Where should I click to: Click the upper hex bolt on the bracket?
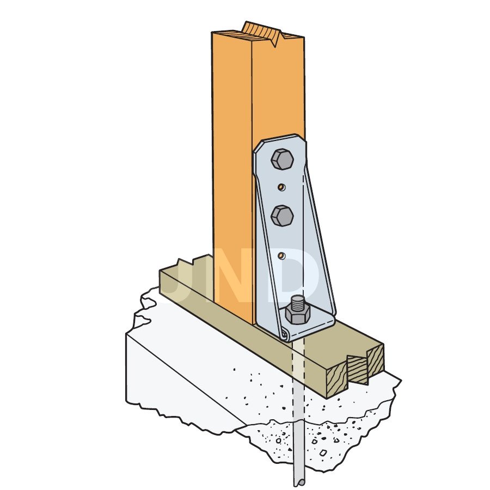282,159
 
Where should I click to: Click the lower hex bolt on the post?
282,216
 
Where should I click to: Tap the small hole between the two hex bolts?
282,187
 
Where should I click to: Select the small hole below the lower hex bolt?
282,256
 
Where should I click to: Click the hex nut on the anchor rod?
297,315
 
